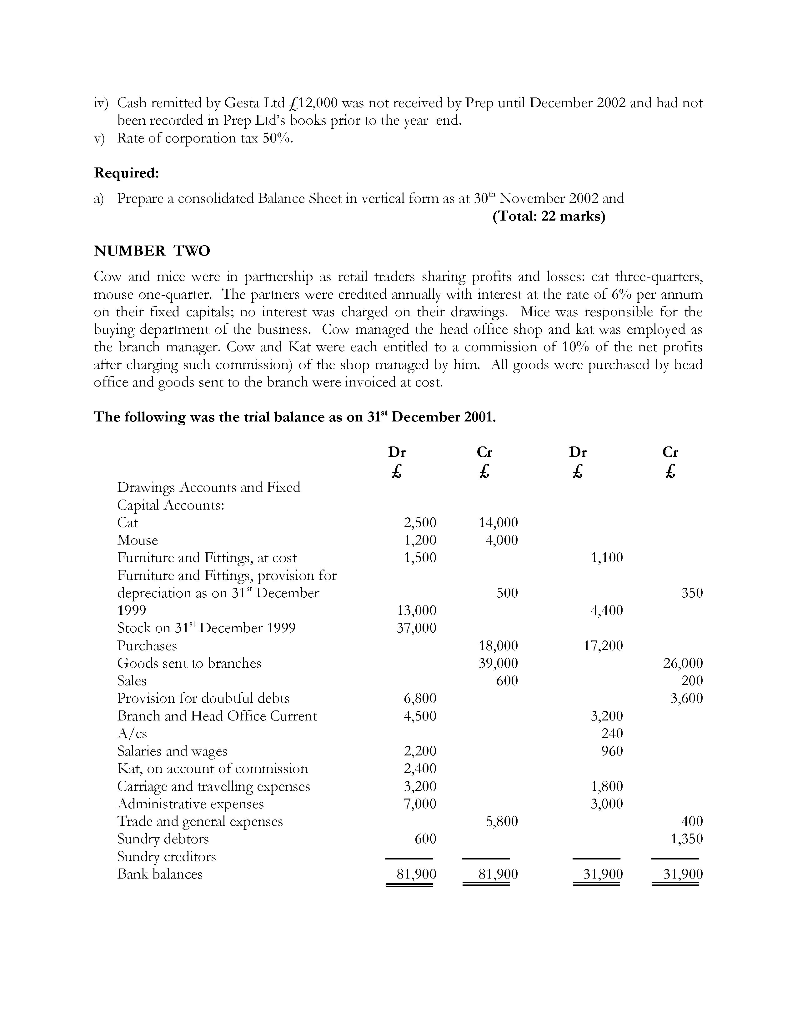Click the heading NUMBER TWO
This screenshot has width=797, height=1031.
[152, 251]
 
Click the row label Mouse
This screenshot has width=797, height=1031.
[138, 540]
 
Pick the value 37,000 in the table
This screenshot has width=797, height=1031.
[416, 628]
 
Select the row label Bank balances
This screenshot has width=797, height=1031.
[160, 874]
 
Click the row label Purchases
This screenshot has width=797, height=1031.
[147, 645]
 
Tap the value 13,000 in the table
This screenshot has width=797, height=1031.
[416, 610]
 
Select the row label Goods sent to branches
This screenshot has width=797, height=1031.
[189, 663]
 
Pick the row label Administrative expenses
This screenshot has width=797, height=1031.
[190, 804]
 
